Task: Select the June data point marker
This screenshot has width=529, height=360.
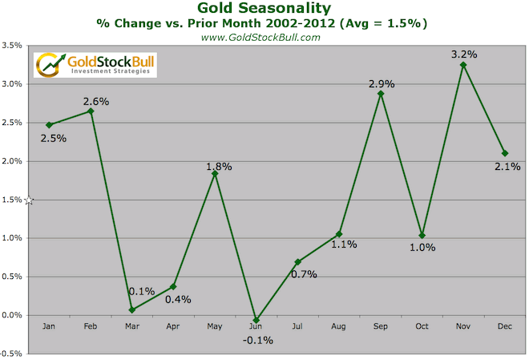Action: pos(256,319)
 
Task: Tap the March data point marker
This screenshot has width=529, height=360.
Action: pos(131,309)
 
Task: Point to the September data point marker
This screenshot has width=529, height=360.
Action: pos(380,94)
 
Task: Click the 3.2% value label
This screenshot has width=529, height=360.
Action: pos(464,55)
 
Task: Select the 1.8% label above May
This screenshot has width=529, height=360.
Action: pos(218,167)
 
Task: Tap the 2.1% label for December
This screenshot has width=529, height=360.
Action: pos(508,167)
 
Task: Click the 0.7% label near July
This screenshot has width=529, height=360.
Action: pos(304,274)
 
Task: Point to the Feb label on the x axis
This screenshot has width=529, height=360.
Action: pos(90,326)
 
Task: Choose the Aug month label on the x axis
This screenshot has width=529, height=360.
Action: pos(339,326)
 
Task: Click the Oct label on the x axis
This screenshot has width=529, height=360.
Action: pos(422,326)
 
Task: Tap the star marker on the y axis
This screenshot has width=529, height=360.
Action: pos(29,200)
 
